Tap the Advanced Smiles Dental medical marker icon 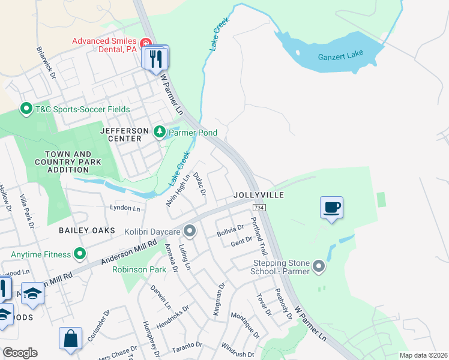(x=145, y=43)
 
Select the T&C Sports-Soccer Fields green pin (x=26, y=109)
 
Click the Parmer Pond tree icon (x=159, y=132)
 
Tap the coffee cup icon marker (x=331, y=208)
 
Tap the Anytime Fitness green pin (x=79, y=254)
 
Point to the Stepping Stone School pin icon (x=318, y=265)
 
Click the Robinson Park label (x=138, y=270)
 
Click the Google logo (x=20, y=353)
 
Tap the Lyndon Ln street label (x=124, y=208)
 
